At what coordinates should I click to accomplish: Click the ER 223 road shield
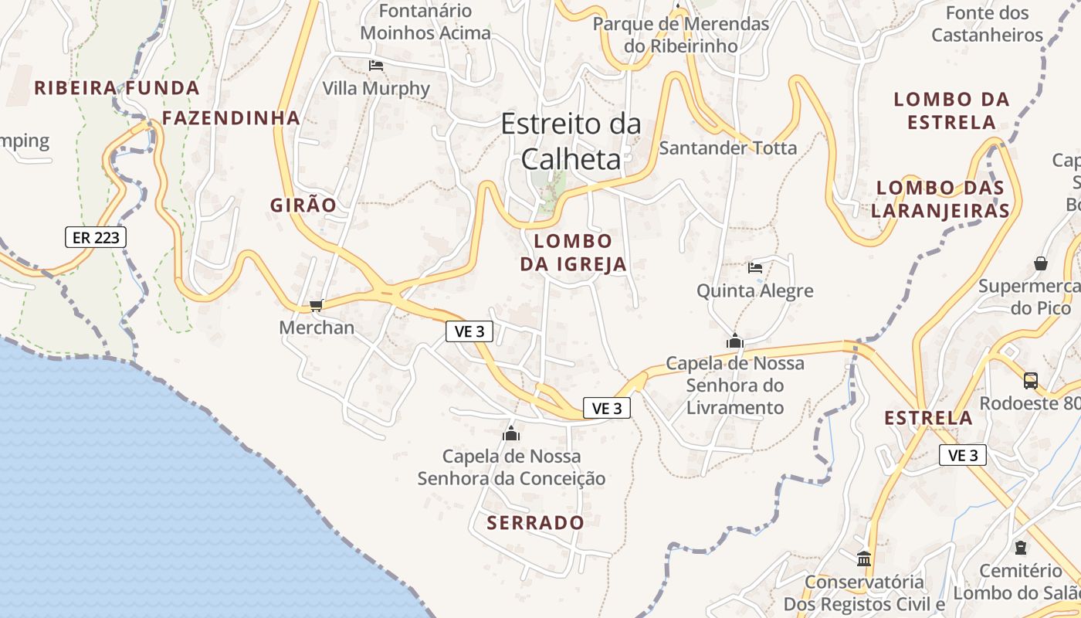pyautogui.click(x=96, y=237)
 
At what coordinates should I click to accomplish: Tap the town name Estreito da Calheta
pyautogui.click(x=571, y=141)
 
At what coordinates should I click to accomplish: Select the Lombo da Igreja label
pyautogui.click(x=573, y=253)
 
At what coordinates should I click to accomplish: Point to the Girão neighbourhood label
pyautogui.click(x=303, y=205)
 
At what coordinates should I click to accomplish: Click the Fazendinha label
pyautogui.click(x=231, y=118)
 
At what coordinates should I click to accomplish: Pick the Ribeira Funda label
pyautogui.click(x=117, y=88)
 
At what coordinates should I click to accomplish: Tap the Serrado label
pyautogui.click(x=535, y=523)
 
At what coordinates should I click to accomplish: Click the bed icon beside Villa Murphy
pyautogui.click(x=376, y=66)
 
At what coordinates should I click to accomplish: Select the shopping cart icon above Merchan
pyautogui.click(x=316, y=306)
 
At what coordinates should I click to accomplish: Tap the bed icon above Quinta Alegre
pyautogui.click(x=755, y=268)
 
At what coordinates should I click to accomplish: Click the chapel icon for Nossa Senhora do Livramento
pyautogui.click(x=734, y=341)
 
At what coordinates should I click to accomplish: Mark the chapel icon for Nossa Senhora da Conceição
pyautogui.click(x=511, y=433)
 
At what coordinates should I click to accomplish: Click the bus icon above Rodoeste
pyautogui.click(x=1030, y=380)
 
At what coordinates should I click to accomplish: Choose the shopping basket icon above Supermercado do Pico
pyautogui.click(x=1041, y=263)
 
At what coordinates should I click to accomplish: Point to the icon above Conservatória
pyautogui.click(x=864, y=558)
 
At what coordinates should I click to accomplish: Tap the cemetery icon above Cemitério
pyautogui.click(x=1021, y=548)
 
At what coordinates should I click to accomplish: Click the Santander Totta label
pyautogui.click(x=727, y=148)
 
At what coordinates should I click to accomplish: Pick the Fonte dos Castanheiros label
pyautogui.click(x=987, y=24)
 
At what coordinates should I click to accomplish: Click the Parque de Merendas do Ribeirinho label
pyautogui.click(x=680, y=35)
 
